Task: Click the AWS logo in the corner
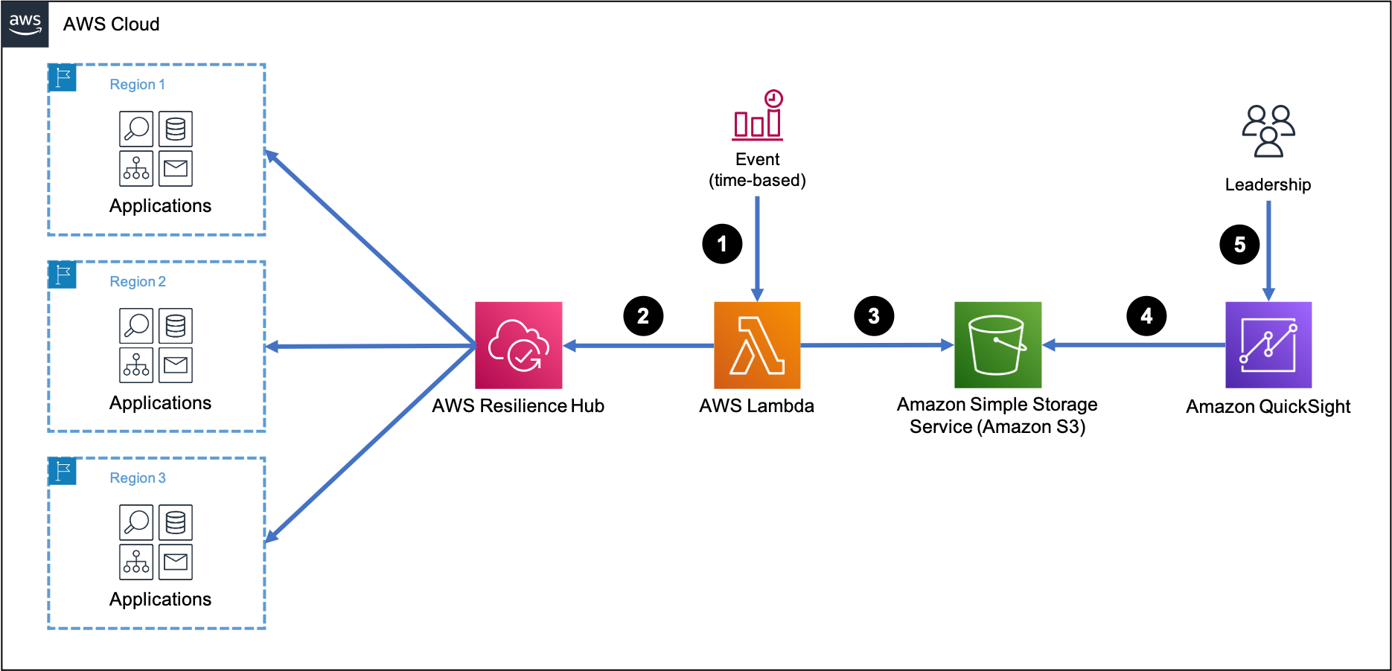coord(25,24)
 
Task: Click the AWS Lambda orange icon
coord(757,345)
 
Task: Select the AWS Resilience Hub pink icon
coord(519,345)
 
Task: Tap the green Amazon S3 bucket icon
coord(997,345)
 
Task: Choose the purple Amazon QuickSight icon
coord(1268,345)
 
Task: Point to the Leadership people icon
coord(1268,131)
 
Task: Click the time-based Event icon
coord(758,115)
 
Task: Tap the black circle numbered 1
coord(722,244)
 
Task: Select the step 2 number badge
coord(643,316)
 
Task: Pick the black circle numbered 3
coord(874,316)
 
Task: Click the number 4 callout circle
coord(1146,316)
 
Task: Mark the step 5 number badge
coord(1239,245)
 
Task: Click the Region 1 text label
coord(138,85)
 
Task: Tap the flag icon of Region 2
coord(63,274)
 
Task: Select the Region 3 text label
coord(138,478)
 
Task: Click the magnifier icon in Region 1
coord(136,129)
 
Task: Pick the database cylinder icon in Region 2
coord(176,326)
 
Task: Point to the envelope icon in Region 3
coord(176,562)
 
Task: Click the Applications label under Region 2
coord(160,403)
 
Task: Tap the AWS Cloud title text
coord(112,25)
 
